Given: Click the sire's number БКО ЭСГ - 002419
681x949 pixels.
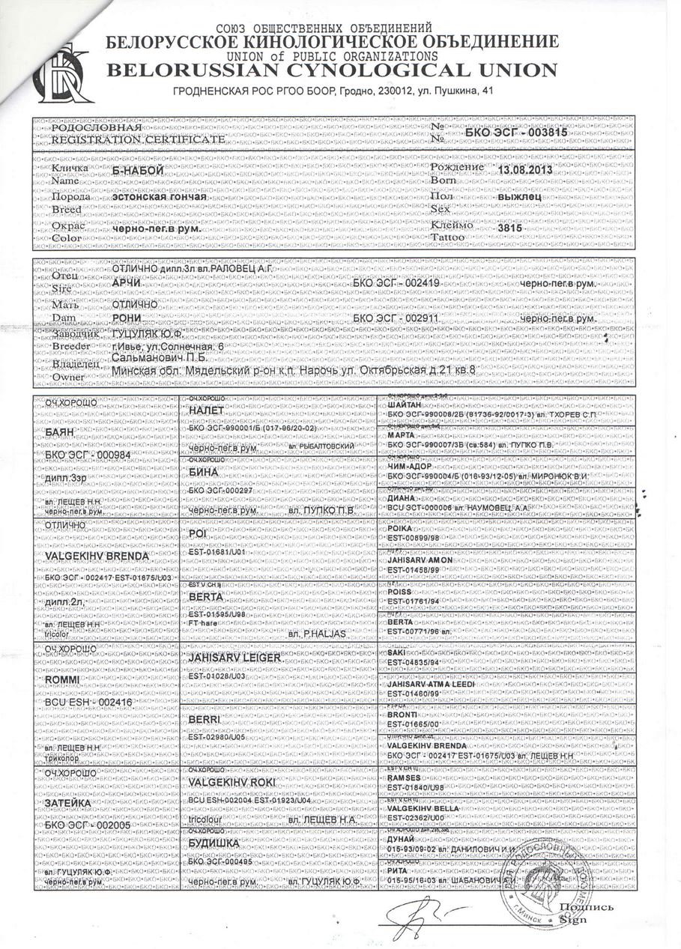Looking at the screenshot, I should tap(396, 285).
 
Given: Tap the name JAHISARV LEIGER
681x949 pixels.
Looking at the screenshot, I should tap(235, 657).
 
